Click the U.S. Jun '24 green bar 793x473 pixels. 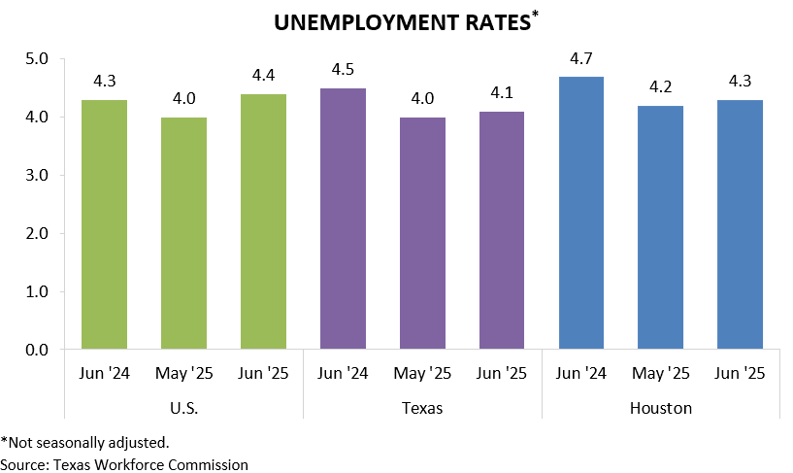(x=103, y=223)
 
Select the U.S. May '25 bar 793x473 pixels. (x=183, y=233)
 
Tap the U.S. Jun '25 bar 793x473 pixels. (x=263, y=221)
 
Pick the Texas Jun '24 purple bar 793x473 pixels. (x=343, y=219)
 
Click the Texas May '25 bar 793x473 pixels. (x=422, y=233)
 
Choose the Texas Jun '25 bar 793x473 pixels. (x=502, y=230)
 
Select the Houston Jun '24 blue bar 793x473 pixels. (x=581, y=213)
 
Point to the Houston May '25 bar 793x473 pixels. (x=661, y=227)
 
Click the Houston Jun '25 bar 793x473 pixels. (x=740, y=223)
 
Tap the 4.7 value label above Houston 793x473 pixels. (x=581, y=58)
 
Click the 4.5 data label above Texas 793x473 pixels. (x=343, y=70)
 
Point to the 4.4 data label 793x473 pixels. (x=263, y=76)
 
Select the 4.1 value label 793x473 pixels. (x=502, y=93)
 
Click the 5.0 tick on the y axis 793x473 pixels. (x=36, y=59)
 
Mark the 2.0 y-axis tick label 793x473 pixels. (x=36, y=233)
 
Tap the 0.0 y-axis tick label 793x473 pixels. (x=36, y=349)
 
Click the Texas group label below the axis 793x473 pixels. (x=422, y=408)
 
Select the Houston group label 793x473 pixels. (x=661, y=408)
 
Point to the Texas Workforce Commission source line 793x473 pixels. (x=124, y=463)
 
